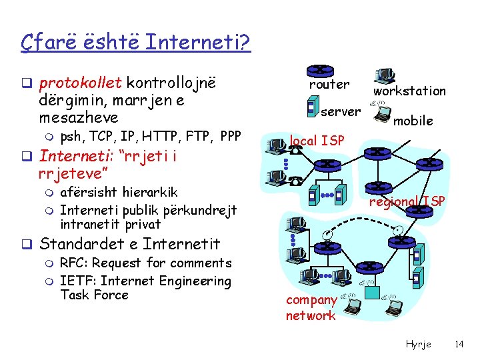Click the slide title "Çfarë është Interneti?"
tap(135, 44)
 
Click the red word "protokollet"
tap(81, 83)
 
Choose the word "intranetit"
tap(89, 223)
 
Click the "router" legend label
tap(329, 85)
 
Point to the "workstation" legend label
tap(409, 91)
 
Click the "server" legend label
tap(341, 111)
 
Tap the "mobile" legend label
tap(413, 121)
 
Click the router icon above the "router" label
tap(320, 70)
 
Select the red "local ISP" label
tap(317, 141)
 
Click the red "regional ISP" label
tap(407, 201)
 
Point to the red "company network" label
tap(311, 308)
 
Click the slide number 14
tap(458, 344)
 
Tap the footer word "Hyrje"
tap(419, 344)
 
